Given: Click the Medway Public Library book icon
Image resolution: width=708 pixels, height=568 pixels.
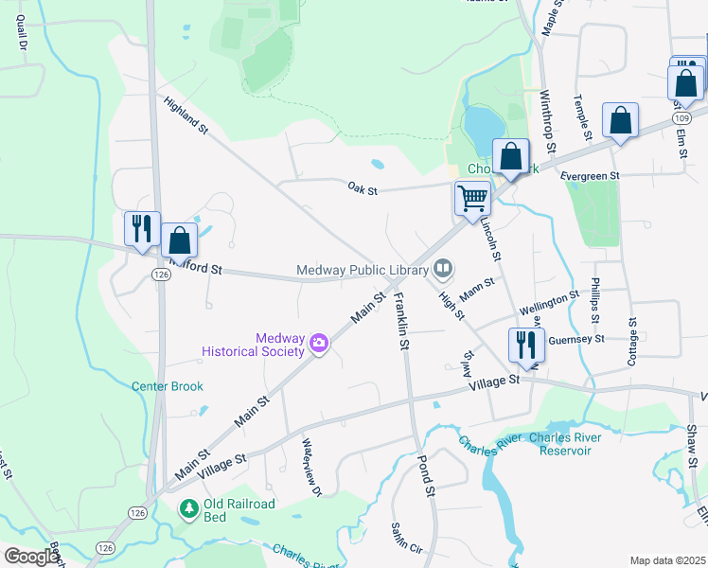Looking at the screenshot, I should pos(441,270).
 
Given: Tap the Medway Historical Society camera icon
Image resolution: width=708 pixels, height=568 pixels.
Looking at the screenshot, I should pos(319,343).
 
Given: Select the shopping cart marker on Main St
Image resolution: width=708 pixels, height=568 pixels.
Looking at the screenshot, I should pos(472,199).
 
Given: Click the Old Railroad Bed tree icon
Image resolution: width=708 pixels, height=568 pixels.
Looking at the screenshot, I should pos(190,509).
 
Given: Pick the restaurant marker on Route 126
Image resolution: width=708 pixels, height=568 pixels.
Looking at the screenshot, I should pos(142,228).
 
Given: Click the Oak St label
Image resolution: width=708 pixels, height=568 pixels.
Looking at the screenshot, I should pos(362,190).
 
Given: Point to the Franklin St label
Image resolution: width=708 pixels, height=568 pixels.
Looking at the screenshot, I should pos(400,323).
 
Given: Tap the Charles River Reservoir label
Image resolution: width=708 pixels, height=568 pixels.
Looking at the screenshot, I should pos(566,444).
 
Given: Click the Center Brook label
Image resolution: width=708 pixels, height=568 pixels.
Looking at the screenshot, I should pos(168,386).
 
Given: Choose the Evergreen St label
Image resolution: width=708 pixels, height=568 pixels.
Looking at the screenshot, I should pos(589,176).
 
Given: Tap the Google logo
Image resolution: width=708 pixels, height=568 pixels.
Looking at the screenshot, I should pos(31,557).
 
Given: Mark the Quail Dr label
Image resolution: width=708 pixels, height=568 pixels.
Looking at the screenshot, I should pos(20,32).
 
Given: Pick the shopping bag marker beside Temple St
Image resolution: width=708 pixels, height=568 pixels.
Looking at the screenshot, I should pos(620,121).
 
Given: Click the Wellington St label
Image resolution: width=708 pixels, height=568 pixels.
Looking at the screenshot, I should pos(549,304).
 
